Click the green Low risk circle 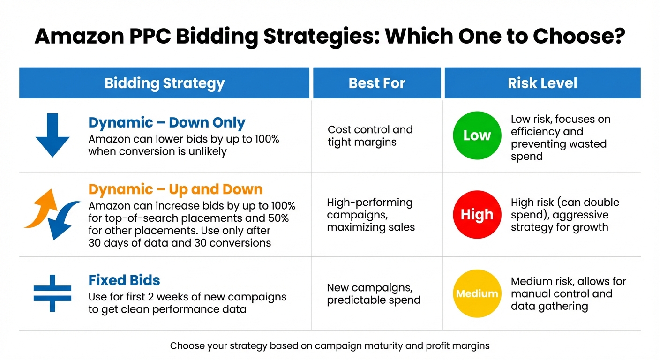coord(477,135)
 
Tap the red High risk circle coord(477,215)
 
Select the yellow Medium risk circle coord(477,294)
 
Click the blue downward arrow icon coord(52,135)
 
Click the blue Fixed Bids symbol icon coord(52,293)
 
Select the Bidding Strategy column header coord(164,83)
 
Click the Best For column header coord(377,83)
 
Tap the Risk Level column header coord(542,83)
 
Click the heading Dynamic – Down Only coord(167,123)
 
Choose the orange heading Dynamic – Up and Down coord(175,189)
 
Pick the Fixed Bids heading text coord(124,280)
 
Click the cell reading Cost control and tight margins coord(370,135)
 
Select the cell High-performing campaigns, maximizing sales coord(370,215)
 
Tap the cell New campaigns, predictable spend coord(373,293)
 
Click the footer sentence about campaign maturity coord(330,346)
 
